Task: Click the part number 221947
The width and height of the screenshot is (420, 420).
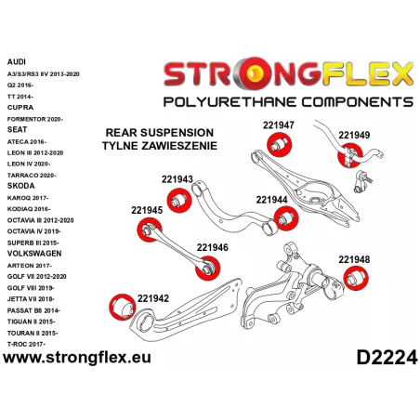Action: click(x=279, y=125)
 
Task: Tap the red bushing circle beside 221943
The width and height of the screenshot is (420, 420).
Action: click(x=179, y=201)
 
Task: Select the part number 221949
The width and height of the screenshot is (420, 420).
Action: click(x=354, y=135)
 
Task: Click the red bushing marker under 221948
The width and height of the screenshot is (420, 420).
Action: click(x=356, y=278)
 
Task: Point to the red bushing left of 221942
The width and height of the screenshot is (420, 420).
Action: click(x=123, y=307)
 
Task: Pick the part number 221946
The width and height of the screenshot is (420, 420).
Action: click(x=213, y=247)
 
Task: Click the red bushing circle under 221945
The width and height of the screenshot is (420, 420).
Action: click(x=150, y=230)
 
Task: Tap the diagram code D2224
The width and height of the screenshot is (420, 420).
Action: click(x=387, y=358)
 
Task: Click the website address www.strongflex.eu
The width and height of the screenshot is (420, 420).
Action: click(x=77, y=358)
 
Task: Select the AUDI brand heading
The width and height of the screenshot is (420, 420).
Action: click(x=17, y=62)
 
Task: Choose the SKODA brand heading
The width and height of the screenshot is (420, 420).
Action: click(x=20, y=186)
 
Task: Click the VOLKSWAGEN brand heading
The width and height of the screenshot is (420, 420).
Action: click(x=34, y=254)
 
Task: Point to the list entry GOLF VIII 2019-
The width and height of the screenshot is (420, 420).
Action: click(x=31, y=288)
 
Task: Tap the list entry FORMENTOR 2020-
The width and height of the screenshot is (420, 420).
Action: click(x=35, y=119)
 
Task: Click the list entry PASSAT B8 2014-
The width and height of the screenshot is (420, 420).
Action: click(x=33, y=310)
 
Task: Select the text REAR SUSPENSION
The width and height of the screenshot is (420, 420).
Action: click(x=160, y=133)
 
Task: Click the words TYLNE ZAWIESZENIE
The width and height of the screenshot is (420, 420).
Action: click(x=160, y=146)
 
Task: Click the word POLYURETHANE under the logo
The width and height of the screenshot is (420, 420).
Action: click(x=230, y=102)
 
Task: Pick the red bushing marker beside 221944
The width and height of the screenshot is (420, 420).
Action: click(x=286, y=218)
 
